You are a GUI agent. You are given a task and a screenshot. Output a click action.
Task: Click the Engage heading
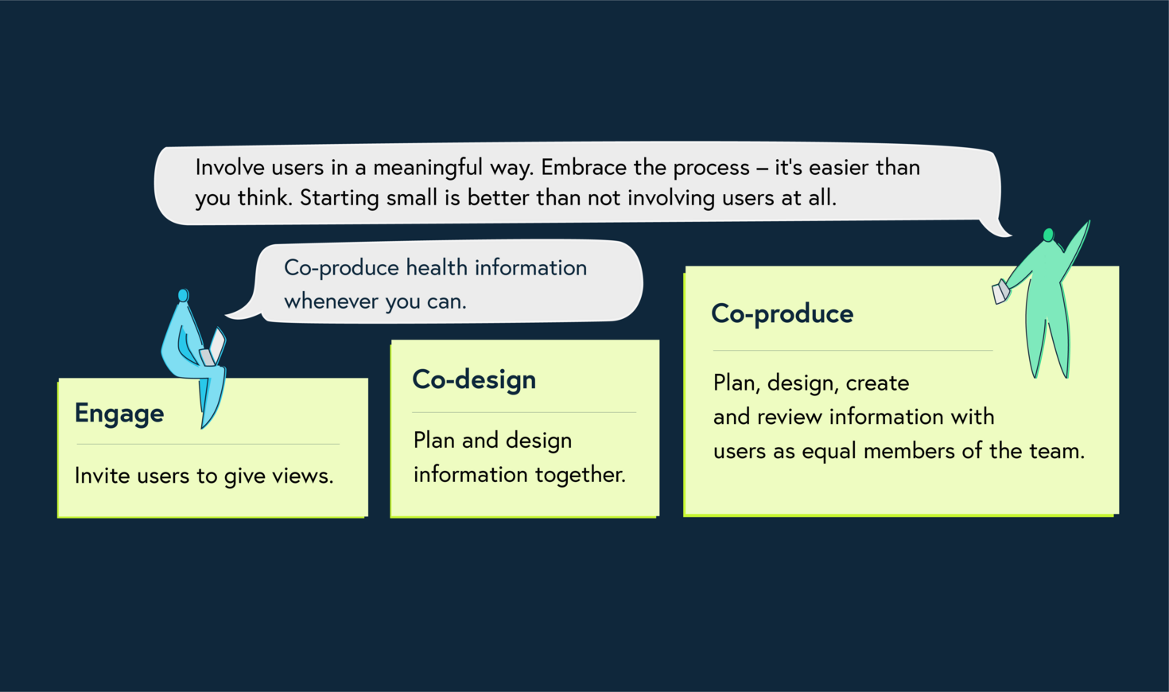point(119,414)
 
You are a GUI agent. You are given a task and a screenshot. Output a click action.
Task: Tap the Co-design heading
point(474,380)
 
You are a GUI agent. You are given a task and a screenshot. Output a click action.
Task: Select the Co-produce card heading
point(782,314)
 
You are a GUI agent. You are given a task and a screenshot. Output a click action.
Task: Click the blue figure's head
point(184,296)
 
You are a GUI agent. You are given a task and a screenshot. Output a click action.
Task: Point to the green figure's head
point(1048,235)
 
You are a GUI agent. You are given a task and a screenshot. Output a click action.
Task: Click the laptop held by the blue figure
point(213,350)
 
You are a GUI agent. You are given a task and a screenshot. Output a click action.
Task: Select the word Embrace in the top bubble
point(584,168)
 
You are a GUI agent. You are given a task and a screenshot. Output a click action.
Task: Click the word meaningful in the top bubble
point(428,168)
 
